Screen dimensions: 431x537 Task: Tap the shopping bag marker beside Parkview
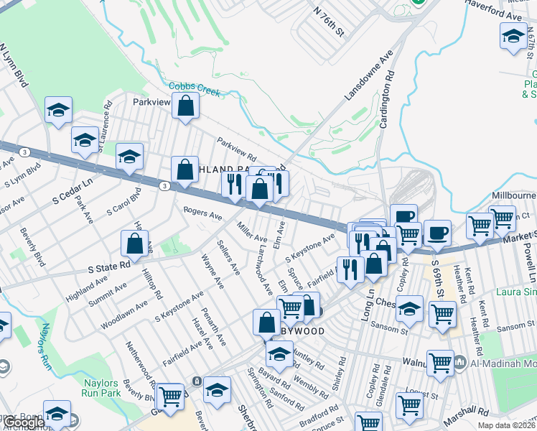coord(185,106)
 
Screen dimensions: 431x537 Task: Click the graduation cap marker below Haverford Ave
coord(513,36)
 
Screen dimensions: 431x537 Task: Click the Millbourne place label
coord(513,195)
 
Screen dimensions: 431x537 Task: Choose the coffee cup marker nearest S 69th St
coord(436,233)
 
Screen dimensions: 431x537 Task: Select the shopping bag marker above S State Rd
coord(135,244)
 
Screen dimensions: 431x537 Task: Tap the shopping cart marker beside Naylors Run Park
coord(170,395)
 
